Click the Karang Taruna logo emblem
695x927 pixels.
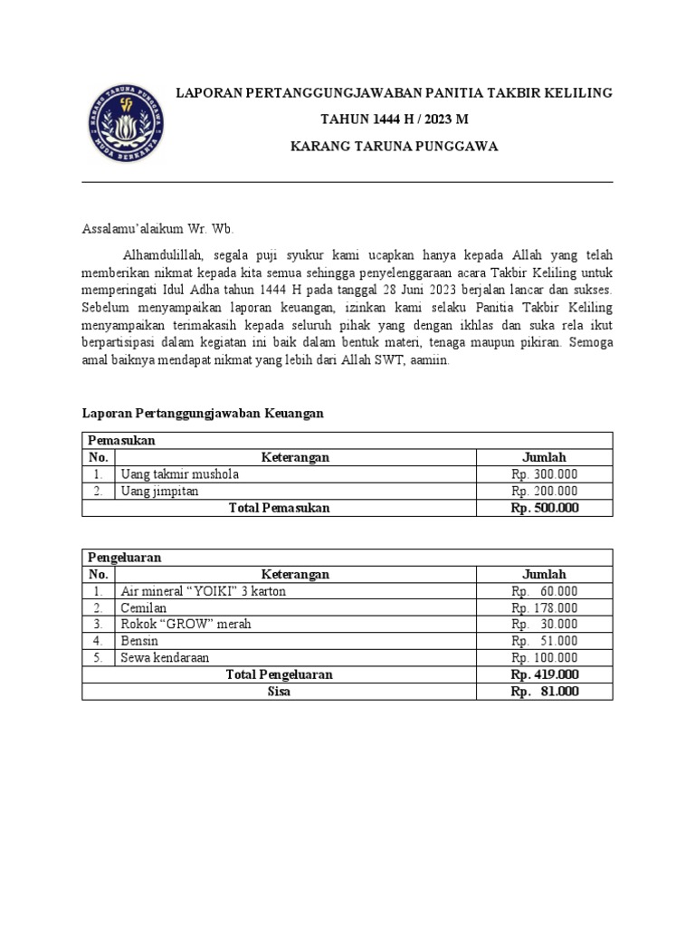127,120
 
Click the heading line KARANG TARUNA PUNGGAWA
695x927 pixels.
395,146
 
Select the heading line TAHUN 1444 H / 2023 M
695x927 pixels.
395,119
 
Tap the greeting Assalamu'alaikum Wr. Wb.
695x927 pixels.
158,230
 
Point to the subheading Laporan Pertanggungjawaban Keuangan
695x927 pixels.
203,413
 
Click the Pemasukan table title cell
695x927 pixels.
122,440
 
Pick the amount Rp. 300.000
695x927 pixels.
545,474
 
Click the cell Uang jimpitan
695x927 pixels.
159,491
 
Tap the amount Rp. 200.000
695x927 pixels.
545,491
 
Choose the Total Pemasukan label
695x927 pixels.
280,508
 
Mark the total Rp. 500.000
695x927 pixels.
545,508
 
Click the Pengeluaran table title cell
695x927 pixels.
125,558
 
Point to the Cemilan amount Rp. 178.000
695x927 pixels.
545,608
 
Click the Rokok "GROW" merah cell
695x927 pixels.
186,625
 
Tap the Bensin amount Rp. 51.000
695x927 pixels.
545,641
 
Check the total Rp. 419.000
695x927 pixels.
545,674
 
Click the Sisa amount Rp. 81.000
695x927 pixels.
545,692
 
